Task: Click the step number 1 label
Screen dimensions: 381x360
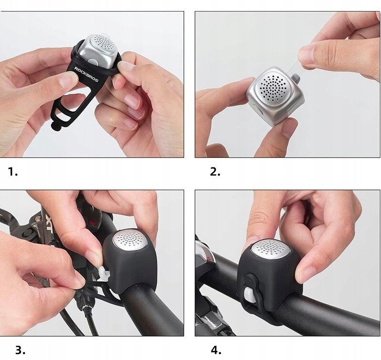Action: (13, 172)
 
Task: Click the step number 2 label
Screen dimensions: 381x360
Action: (215, 172)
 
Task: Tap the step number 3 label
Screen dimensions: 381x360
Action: (20, 350)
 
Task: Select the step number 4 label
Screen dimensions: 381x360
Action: (216, 350)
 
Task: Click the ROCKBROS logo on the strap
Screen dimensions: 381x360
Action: (86, 74)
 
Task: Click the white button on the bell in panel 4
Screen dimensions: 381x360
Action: (251, 294)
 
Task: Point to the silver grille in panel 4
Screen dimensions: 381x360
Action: (270, 249)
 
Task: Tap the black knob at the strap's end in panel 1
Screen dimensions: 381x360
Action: (54, 125)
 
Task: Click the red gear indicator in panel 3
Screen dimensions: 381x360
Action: (92, 222)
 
